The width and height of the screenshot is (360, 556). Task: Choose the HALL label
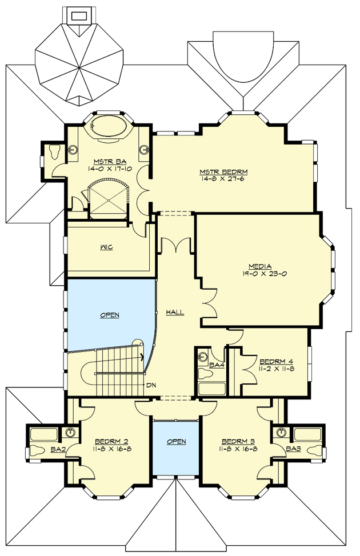(174, 312)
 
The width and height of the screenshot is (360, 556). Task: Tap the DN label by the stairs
(151, 385)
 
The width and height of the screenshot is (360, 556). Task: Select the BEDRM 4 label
(277, 362)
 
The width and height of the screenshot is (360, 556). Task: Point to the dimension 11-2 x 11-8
(277, 369)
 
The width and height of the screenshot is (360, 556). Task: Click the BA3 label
(293, 449)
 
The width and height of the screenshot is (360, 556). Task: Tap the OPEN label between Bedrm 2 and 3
(176, 442)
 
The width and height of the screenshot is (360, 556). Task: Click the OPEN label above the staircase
(109, 315)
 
